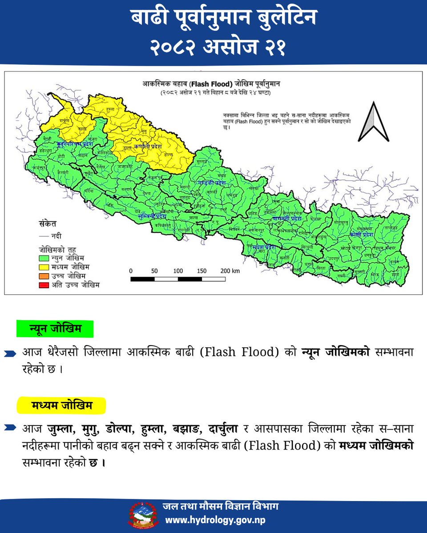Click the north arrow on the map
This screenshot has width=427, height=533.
click(374, 122)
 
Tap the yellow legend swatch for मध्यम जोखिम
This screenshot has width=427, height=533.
click(44, 267)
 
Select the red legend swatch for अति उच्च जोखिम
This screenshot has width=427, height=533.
click(44, 285)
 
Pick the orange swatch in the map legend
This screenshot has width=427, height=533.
click(44, 276)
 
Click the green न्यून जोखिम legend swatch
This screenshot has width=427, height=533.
click(44, 258)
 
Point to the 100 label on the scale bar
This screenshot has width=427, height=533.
click(178, 270)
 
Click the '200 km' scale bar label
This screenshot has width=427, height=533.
click(230, 270)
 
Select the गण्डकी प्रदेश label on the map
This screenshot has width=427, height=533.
click(213, 183)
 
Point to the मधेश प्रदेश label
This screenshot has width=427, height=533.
click(264, 247)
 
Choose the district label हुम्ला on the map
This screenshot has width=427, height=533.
click(110, 109)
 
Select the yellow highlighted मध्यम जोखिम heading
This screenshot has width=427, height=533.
click(61, 406)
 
